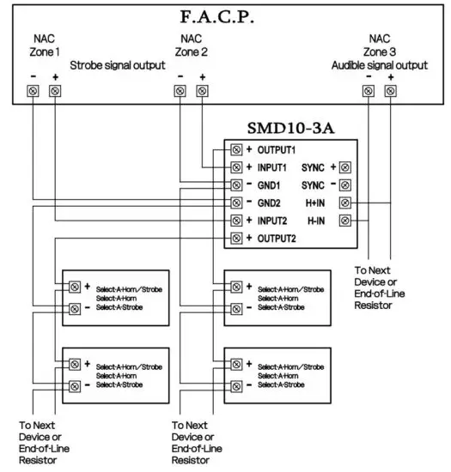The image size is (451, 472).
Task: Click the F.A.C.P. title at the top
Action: click(224, 16)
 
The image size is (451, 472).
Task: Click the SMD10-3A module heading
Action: click(292, 128)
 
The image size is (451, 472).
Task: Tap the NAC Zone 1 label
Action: click(45, 45)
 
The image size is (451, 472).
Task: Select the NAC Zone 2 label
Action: click(192, 45)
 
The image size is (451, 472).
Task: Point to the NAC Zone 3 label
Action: click(379, 45)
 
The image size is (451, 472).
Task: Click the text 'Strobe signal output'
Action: click(117, 65)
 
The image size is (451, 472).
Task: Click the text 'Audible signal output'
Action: click(379, 65)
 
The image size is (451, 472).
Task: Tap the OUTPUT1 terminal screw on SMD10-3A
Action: click(235, 149)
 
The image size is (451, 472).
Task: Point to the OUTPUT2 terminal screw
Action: click(235, 238)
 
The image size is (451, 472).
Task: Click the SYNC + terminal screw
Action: click(345, 167)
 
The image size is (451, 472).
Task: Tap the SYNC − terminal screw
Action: click(345, 185)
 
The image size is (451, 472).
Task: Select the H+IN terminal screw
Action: click(345, 203)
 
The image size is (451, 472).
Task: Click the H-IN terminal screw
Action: click(345, 220)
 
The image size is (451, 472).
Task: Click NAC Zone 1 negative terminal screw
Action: click(34, 90)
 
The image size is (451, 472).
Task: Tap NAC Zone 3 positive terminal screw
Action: click(390, 90)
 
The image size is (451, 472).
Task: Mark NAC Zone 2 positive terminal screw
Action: click(203, 90)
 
